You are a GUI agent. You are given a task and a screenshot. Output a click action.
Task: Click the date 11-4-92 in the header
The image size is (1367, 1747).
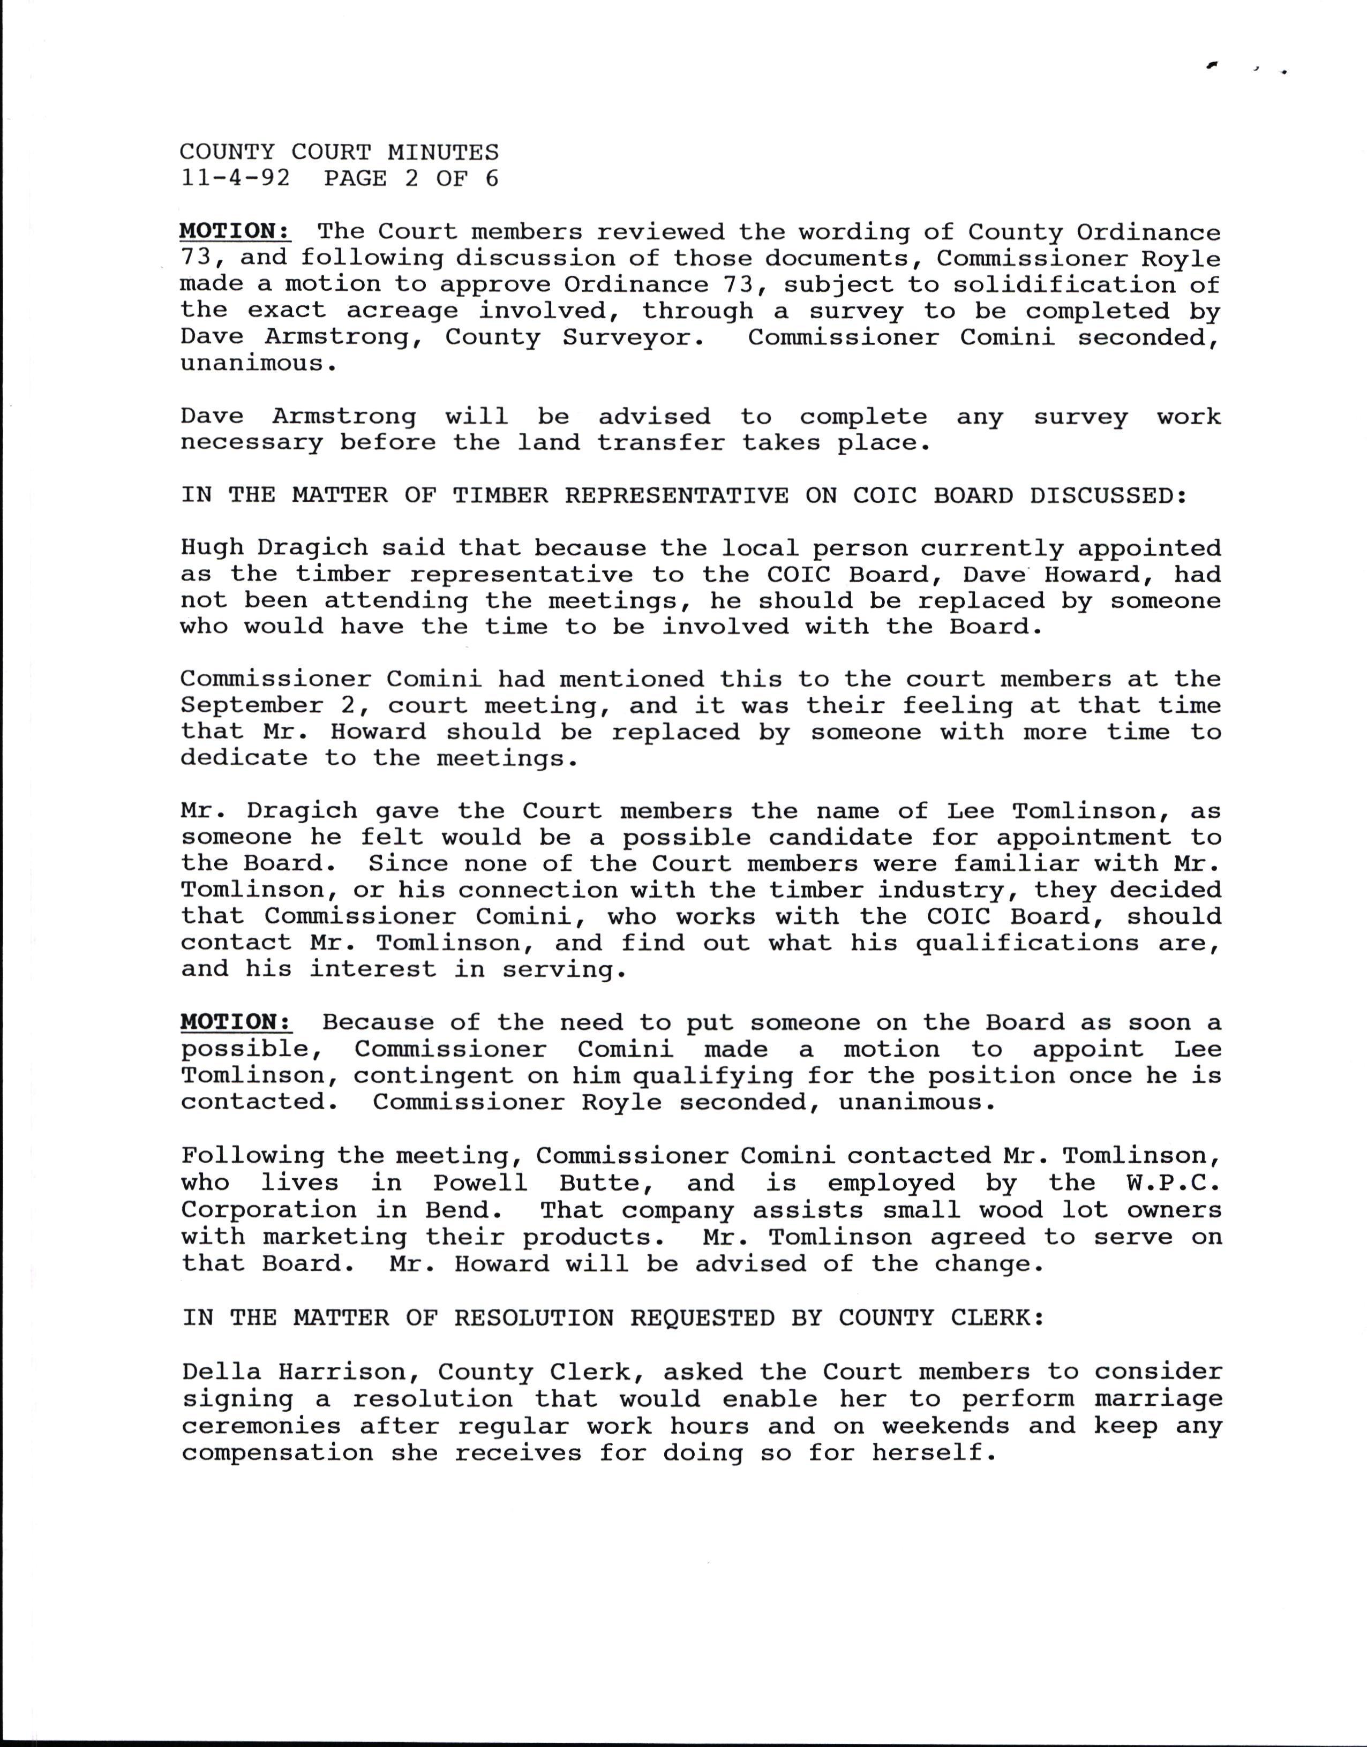[x=235, y=178]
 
